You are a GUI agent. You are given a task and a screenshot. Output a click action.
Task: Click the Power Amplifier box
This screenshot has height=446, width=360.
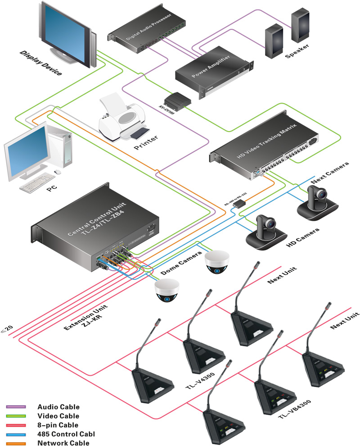211,72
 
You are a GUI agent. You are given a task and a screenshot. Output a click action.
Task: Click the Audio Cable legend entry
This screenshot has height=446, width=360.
58,407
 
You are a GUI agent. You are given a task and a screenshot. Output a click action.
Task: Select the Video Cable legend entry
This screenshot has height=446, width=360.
58,416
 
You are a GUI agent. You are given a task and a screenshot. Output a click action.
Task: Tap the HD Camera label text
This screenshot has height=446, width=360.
303,238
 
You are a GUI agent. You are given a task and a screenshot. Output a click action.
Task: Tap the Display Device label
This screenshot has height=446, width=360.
40,63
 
